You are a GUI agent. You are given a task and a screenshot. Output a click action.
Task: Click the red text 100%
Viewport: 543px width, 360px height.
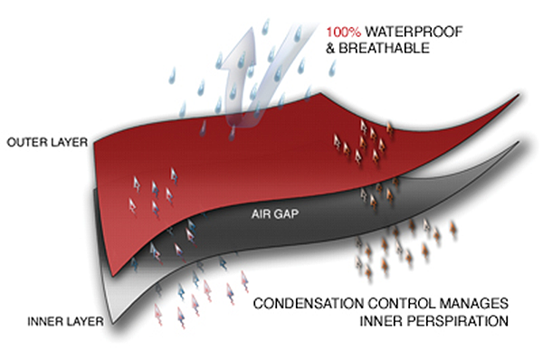[343, 33]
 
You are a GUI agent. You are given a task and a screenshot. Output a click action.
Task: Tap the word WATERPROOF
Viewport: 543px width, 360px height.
[414, 32]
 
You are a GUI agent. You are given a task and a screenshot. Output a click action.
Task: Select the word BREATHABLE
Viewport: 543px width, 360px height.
[384, 48]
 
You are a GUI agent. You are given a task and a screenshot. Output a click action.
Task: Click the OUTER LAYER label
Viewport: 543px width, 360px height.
[47, 142]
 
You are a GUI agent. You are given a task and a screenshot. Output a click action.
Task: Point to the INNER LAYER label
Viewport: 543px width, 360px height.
[65, 322]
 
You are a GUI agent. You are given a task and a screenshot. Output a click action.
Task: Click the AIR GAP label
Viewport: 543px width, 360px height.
[275, 214]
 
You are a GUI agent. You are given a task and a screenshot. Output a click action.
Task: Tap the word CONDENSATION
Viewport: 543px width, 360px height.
[309, 304]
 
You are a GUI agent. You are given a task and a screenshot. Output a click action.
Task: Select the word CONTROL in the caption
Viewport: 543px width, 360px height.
[401, 304]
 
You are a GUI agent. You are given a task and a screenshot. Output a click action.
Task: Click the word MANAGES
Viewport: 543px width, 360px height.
[473, 304]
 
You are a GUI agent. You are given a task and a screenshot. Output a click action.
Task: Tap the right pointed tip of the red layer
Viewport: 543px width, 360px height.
[519, 94]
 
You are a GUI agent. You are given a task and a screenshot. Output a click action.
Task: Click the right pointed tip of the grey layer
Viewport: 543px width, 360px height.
[519, 142]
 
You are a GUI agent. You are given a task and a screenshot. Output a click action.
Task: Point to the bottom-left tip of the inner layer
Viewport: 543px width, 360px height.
[113, 324]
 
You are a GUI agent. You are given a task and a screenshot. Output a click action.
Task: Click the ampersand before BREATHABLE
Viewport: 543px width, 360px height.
[330, 48]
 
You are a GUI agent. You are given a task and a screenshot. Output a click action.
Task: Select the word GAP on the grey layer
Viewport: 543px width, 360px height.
[285, 214]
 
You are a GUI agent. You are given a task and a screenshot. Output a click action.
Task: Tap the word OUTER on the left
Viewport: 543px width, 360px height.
[26, 142]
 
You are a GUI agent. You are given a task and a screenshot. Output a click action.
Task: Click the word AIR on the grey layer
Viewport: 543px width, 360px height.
[261, 214]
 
